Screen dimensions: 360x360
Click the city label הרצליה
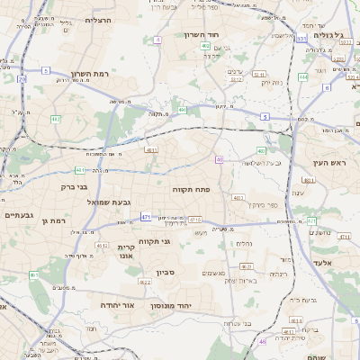point(97,18)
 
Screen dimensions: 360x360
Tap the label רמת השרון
point(90,75)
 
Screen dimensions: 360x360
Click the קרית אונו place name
point(126,251)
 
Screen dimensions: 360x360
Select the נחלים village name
point(244,243)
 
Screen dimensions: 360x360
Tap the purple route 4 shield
point(157,40)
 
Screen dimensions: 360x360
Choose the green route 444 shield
point(303,77)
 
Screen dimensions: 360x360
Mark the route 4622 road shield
point(144,282)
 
